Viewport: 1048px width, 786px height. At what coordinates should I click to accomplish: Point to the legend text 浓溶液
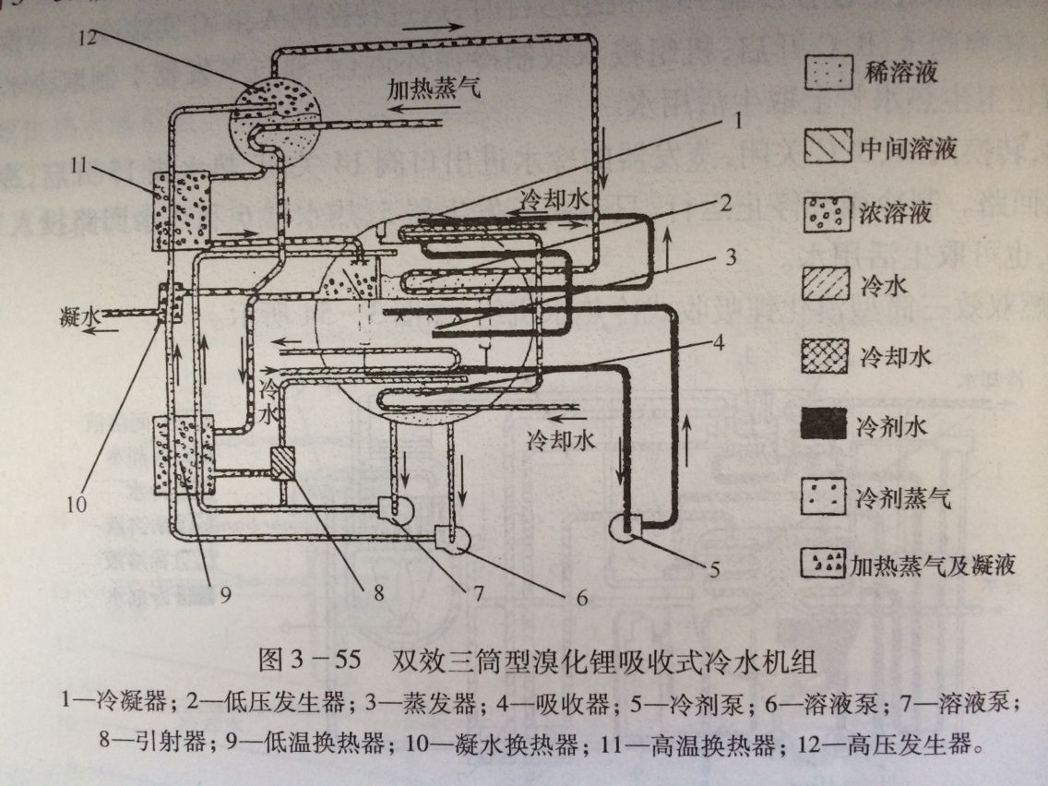pyautogui.click(x=891, y=214)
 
